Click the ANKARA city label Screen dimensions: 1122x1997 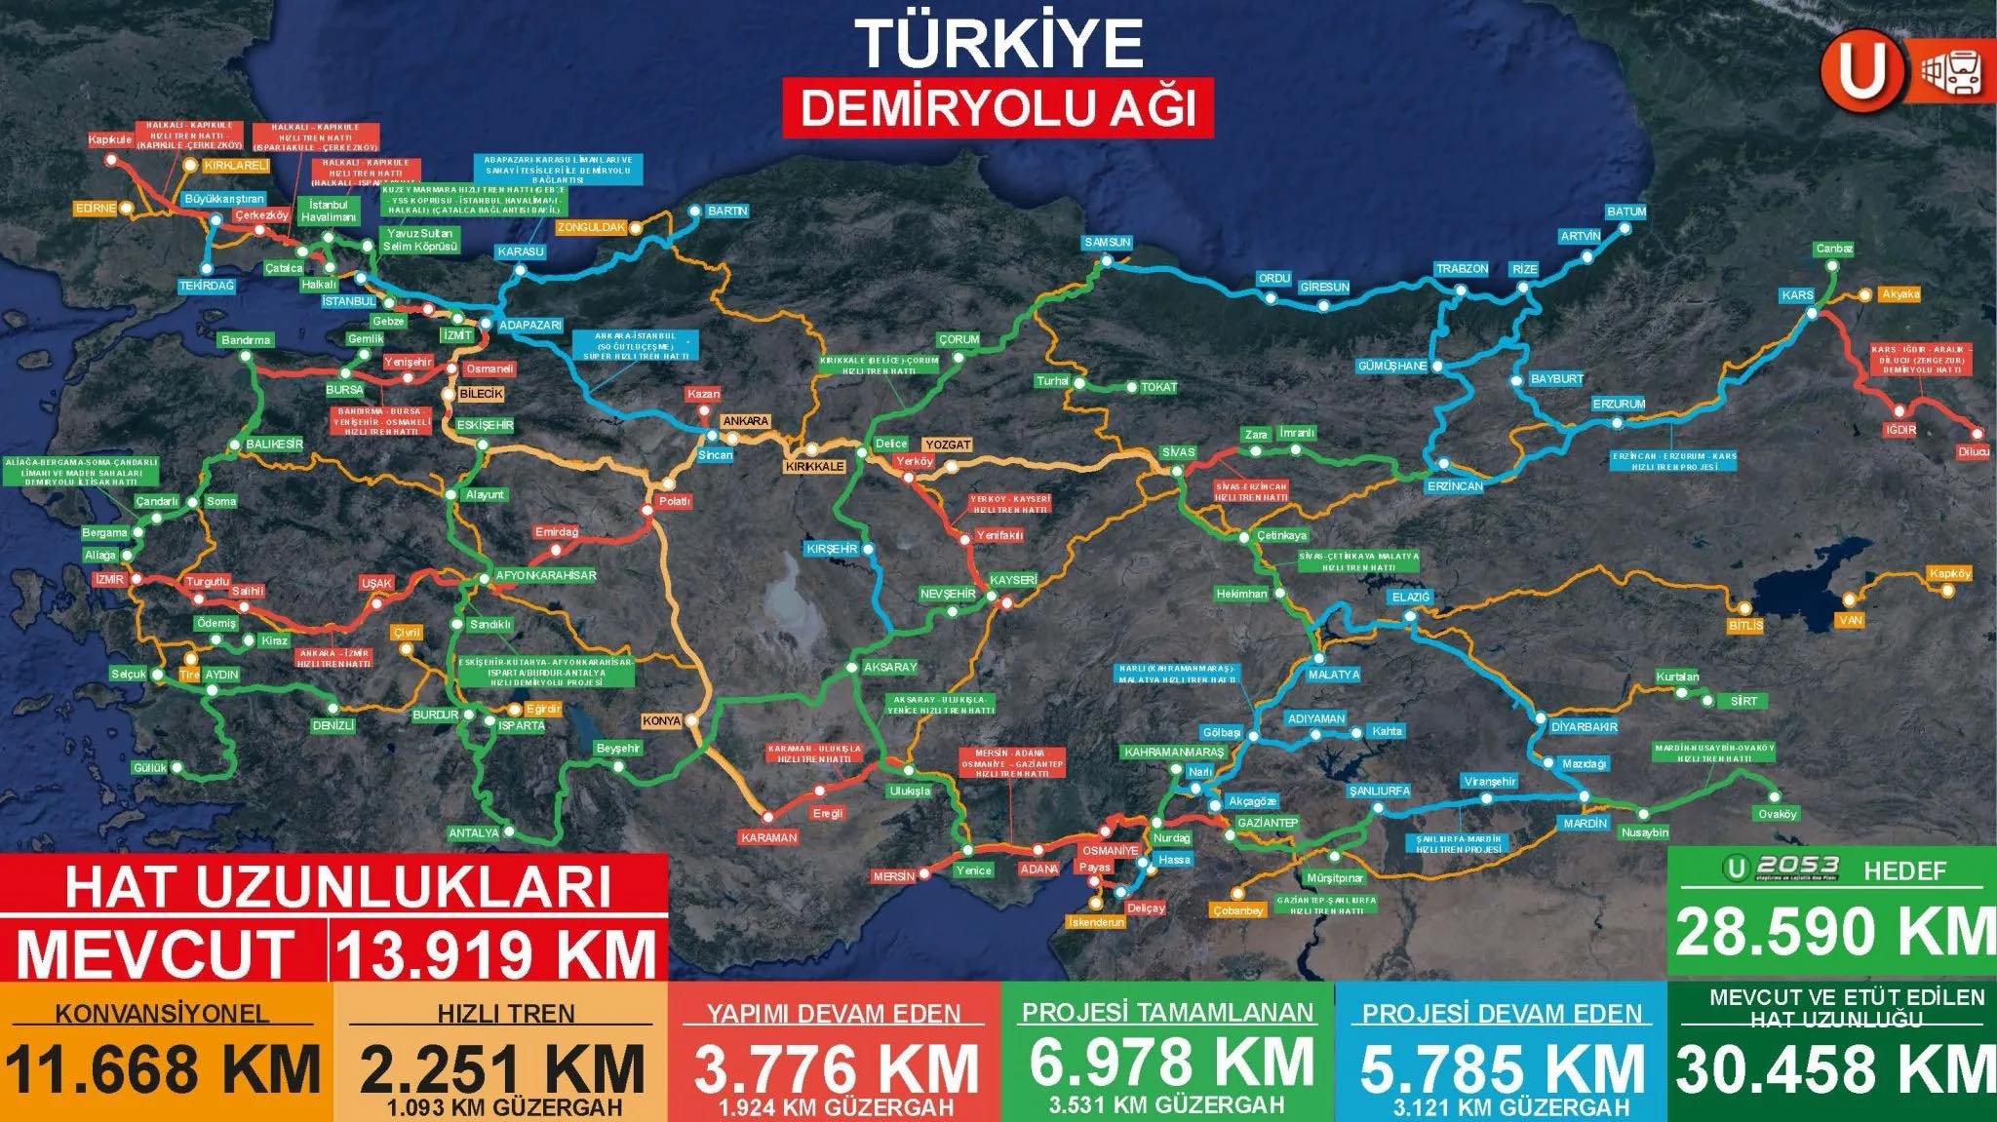746,421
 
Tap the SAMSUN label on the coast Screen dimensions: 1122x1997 1107,243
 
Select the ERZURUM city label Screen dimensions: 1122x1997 1619,404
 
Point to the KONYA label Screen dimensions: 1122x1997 661,721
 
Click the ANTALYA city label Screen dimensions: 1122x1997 474,833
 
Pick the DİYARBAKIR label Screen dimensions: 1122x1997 1584,726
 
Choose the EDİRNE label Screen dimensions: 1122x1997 96,208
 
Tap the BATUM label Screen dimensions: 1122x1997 1626,212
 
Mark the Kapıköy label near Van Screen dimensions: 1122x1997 1949,574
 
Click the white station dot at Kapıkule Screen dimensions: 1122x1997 111,159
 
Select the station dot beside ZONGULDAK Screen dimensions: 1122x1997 636,228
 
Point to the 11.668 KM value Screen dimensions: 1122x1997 164,1069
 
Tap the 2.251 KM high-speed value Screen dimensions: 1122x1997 501,1069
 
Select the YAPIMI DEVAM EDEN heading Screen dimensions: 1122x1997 834,1014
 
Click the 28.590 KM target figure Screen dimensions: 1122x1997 1833,932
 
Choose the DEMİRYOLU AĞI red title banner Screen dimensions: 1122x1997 998,108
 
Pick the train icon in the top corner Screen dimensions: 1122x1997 1954,73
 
